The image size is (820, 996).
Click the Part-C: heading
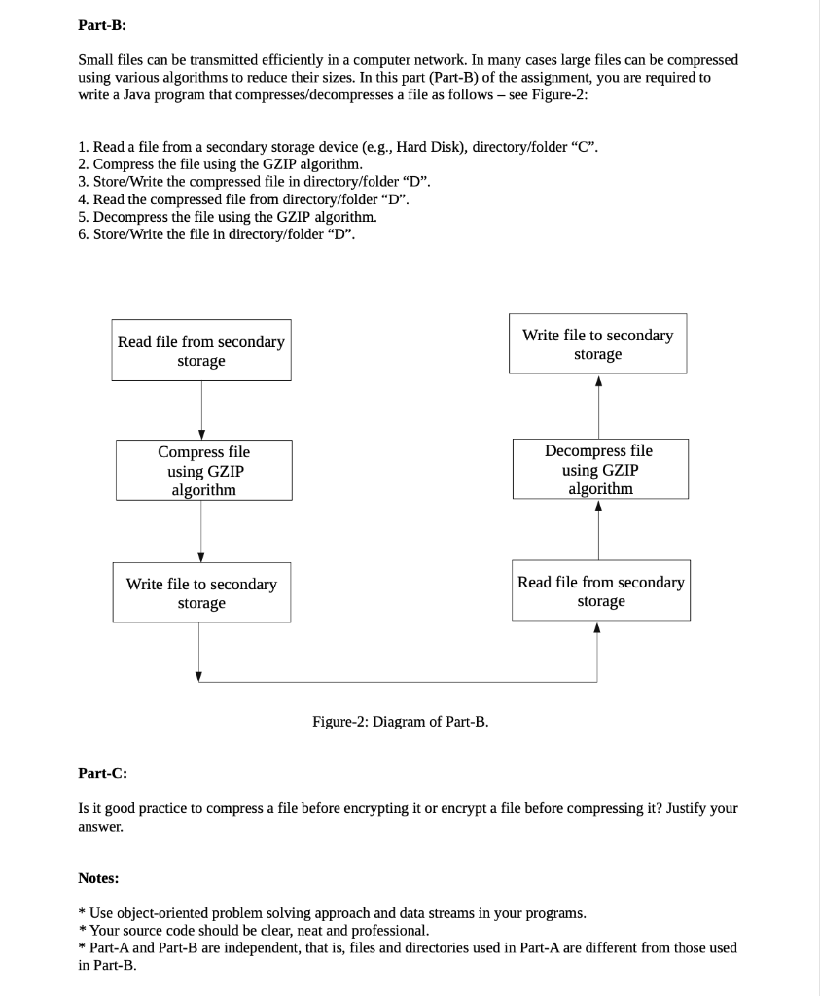(x=102, y=773)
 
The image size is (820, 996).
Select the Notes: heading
(x=98, y=878)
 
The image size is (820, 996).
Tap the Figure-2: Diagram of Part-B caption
(x=401, y=722)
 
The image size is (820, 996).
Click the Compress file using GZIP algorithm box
(x=203, y=471)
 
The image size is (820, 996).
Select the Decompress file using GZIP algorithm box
(x=598, y=469)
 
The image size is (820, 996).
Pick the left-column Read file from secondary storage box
(x=201, y=351)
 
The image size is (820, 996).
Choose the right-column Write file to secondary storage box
(x=597, y=344)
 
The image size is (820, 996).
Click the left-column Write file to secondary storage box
(x=201, y=593)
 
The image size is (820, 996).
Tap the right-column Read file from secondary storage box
(x=601, y=591)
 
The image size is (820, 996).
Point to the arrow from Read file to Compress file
(x=201, y=409)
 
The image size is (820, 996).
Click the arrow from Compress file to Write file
(x=201, y=531)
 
